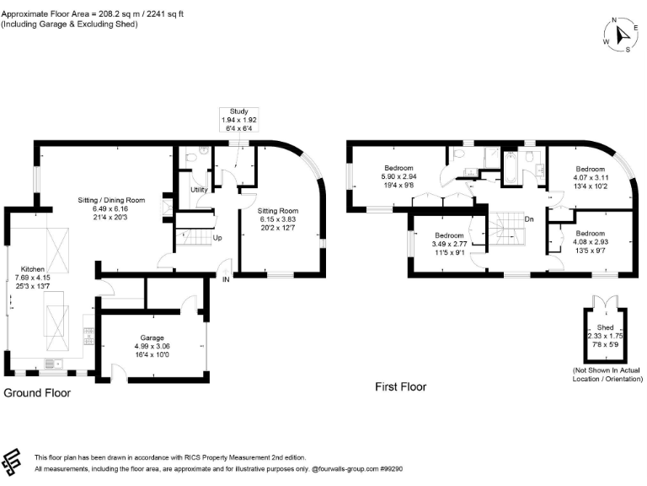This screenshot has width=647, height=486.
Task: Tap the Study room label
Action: pos(238,111)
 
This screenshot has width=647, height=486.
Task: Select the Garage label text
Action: pos(153,337)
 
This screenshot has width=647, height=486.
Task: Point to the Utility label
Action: pos(200,190)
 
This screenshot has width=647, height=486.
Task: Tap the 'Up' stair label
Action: pos(217,238)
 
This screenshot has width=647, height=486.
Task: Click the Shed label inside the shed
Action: pos(605,328)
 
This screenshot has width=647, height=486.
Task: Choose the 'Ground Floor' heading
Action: pos(37,393)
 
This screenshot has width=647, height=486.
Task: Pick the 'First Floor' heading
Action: pos(400,387)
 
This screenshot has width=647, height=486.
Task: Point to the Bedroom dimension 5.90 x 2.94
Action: pos(400,175)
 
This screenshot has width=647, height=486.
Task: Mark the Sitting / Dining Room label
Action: pos(113,200)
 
